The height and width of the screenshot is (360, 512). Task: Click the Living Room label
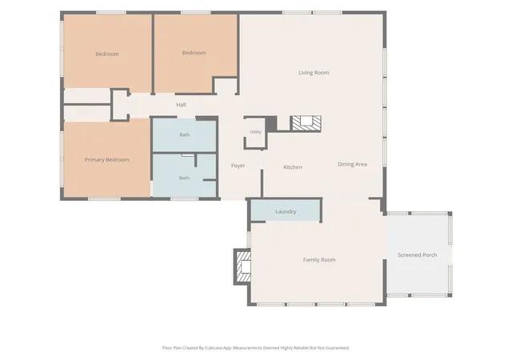(314, 73)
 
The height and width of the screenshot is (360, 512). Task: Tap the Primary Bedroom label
(106, 160)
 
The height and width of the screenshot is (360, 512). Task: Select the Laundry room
(286, 211)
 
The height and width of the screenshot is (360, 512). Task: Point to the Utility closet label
(256, 132)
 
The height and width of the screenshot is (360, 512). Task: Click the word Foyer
(238, 166)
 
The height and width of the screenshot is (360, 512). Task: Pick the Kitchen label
(293, 167)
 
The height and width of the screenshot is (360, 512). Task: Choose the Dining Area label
(352, 164)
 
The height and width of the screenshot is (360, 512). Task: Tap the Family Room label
(319, 260)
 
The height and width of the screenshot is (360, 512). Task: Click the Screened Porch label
(418, 255)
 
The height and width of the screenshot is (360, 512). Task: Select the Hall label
(181, 105)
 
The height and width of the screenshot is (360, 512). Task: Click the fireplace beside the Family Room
(243, 266)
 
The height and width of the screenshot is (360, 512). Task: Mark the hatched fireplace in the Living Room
(306, 123)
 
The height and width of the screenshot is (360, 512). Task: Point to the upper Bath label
(185, 134)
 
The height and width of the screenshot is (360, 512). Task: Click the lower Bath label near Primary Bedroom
(184, 178)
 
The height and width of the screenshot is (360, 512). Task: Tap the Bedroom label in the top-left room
(107, 54)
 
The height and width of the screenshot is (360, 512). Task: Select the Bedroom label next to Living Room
(194, 53)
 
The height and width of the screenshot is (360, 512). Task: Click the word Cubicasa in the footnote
(214, 348)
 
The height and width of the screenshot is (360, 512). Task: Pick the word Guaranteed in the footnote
(338, 348)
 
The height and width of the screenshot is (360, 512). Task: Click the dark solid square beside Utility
(271, 123)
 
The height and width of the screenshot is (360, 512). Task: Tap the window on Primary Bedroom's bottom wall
(104, 198)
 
